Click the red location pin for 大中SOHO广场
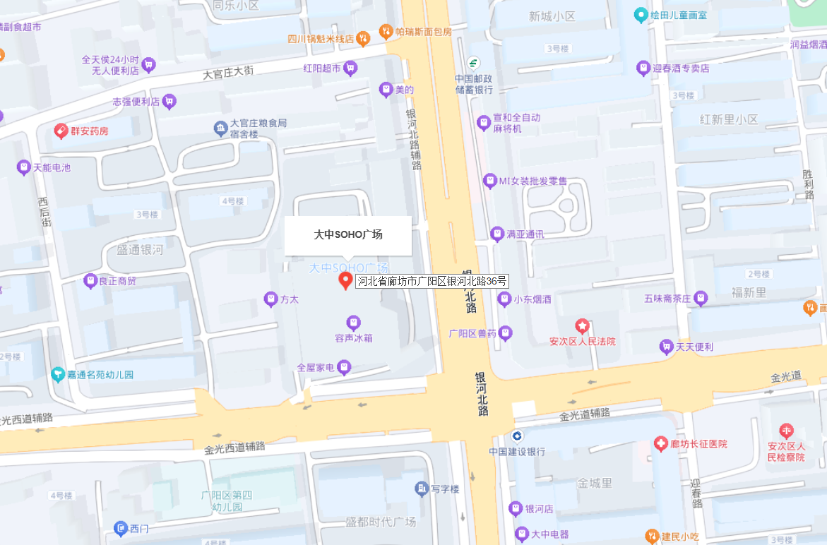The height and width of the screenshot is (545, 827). (x=345, y=280)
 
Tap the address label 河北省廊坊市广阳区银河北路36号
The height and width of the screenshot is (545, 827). (x=432, y=281)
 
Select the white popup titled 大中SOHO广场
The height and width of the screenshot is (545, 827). (x=348, y=235)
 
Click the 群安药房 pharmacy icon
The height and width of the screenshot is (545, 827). (x=61, y=131)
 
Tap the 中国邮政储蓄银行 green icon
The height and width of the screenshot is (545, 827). (x=472, y=62)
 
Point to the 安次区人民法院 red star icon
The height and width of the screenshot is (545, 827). (x=582, y=326)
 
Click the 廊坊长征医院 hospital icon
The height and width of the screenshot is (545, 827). (x=660, y=444)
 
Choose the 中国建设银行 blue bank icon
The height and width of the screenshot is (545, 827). (x=517, y=436)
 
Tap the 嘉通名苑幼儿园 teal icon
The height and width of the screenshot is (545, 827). (x=58, y=374)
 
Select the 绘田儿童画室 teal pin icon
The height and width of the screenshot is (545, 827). (x=641, y=14)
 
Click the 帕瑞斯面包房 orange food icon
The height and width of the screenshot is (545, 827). (x=386, y=31)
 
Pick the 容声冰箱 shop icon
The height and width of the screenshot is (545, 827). (x=354, y=323)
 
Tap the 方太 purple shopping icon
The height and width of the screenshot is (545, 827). (x=270, y=299)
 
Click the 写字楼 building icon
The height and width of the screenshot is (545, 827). (x=422, y=489)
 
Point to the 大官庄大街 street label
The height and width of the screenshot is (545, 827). (x=228, y=71)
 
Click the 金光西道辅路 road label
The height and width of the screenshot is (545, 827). (x=234, y=448)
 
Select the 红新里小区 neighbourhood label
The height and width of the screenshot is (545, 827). (x=729, y=119)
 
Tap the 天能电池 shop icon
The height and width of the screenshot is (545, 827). (x=24, y=167)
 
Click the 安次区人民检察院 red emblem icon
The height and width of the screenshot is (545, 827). (x=786, y=431)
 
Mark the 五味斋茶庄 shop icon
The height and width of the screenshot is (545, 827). (x=701, y=299)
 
